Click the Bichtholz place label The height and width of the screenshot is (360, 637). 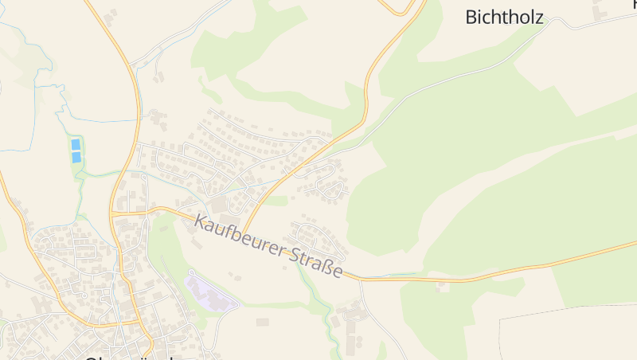coord(504,17)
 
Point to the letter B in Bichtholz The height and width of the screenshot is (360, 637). coord(472,17)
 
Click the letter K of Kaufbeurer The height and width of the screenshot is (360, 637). coord(200,221)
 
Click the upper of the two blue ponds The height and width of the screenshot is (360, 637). coord(76,144)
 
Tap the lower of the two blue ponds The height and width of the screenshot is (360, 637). coord(76,157)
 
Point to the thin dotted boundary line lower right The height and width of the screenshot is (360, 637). coord(557,311)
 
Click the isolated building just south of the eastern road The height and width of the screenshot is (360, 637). coord(443,287)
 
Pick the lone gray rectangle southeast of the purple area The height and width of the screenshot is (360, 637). coord(263,322)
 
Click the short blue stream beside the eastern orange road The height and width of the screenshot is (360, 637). coord(398,276)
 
